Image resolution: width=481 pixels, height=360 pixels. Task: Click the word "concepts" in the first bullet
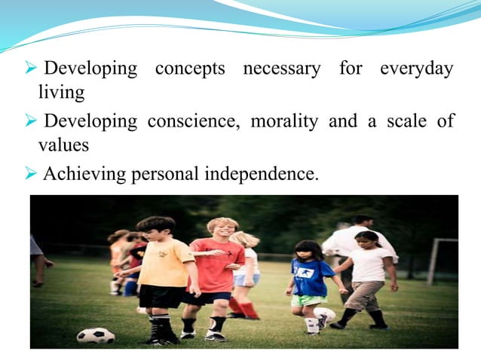coord(190,69)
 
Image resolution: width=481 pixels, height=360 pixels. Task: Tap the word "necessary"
coord(281,69)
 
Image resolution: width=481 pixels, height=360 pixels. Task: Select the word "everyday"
coord(416,69)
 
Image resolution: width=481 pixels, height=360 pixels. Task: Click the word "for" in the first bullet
coord(351,69)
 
